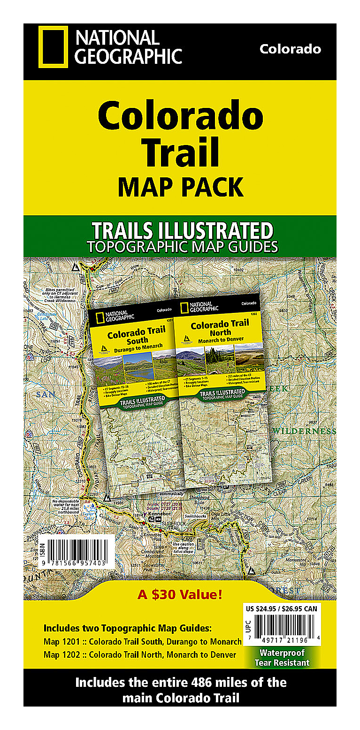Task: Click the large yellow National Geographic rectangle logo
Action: [x=53, y=47]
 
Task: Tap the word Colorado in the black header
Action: [x=290, y=49]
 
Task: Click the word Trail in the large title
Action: [x=181, y=152]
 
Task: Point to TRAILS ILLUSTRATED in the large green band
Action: [x=182, y=231]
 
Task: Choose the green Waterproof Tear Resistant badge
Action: [x=282, y=657]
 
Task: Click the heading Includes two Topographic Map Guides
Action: [x=128, y=628]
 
